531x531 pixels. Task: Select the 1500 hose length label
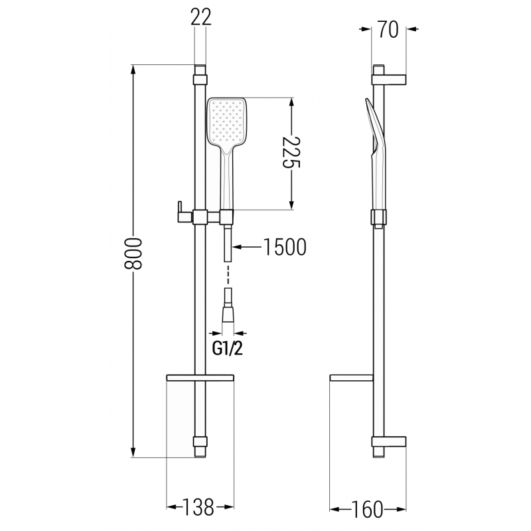click(x=284, y=247)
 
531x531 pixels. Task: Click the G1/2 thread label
click(x=228, y=348)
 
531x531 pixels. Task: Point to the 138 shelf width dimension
click(x=200, y=508)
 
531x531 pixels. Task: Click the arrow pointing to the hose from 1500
click(x=249, y=247)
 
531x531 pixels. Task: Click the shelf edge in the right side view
click(x=352, y=379)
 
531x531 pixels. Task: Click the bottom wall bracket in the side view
click(x=390, y=442)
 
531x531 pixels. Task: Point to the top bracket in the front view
click(x=200, y=78)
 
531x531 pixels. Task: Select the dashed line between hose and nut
click(x=227, y=274)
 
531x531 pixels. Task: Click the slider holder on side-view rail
click(x=379, y=217)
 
